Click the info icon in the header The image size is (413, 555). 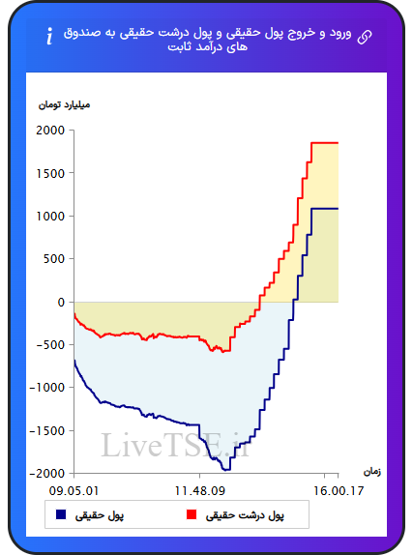click(x=49, y=36)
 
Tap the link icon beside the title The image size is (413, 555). click(x=365, y=37)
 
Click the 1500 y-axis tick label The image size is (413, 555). click(x=50, y=173)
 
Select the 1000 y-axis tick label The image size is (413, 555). click(x=50, y=217)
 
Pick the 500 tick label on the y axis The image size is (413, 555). click(x=54, y=259)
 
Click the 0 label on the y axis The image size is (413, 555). click(x=61, y=303)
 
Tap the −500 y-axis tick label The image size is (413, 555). click(x=50, y=345)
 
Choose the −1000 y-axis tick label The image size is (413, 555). click(x=47, y=388)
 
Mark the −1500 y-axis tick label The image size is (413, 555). click(x=47, y=431)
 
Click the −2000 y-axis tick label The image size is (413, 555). click(x=47, y=474)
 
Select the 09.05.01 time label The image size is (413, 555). click(x=74, y=491)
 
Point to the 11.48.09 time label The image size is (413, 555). click(x=200, y=491)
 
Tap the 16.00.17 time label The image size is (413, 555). click(x=339, y=491)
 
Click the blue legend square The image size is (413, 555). click(x=61, y=514)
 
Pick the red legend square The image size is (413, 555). click(x=192, y=514)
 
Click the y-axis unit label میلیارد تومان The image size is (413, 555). click(x=64, y=105)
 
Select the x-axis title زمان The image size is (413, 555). click(x=372, y=472)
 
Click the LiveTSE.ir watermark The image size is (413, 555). click(x=176, y=446)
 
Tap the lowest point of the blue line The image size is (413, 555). click(x=226, y=470)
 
